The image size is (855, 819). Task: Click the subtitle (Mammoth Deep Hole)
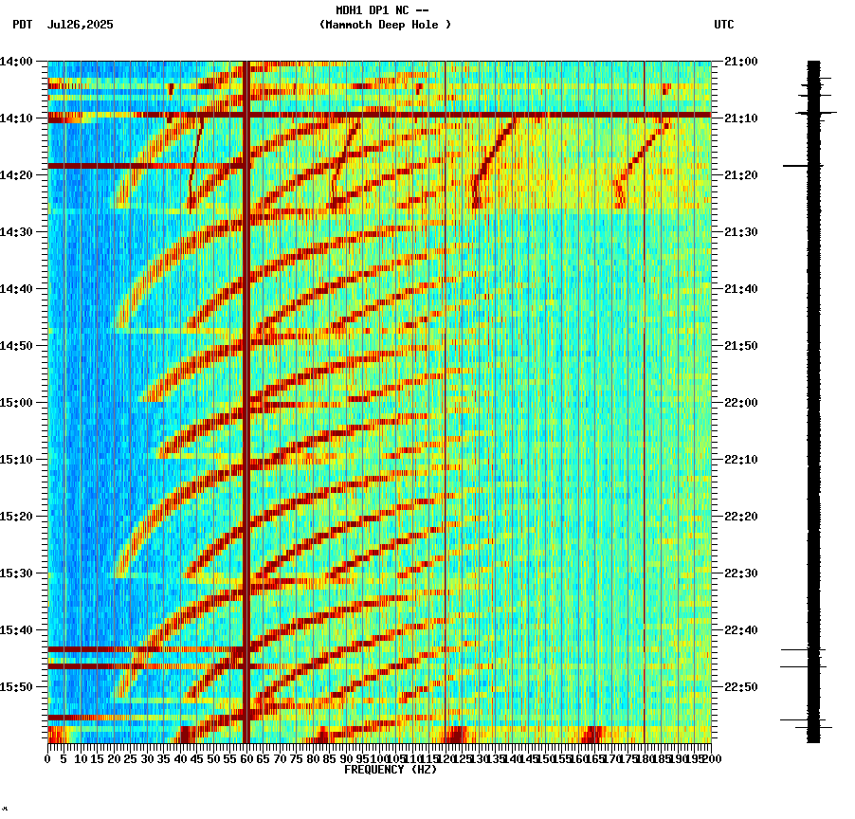click(385, 25)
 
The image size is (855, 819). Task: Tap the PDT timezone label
click(22, 25)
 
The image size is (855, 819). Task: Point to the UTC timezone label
click(723, 25)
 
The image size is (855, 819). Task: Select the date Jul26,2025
click(80, 25)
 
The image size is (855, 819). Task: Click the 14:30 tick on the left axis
click(17, 232)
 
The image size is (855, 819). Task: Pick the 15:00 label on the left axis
click(17, 403)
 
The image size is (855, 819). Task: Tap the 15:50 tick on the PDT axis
click(17, 687)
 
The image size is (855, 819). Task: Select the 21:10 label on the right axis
click(741, 118)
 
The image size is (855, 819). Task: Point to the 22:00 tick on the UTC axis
click(741, 403)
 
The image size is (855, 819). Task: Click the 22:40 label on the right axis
click(741, 630)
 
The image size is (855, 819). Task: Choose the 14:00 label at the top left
click(17, 62)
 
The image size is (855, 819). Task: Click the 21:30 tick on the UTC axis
click(741, 232)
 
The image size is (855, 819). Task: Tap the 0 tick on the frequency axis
click(48, 758)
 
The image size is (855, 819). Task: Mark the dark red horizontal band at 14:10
click(379, 115)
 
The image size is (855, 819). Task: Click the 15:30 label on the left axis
click(17, 573)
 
